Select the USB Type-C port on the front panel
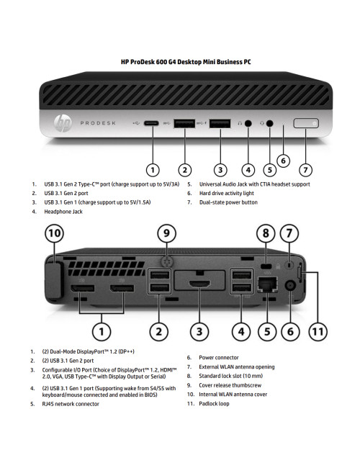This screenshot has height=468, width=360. pos(153,123)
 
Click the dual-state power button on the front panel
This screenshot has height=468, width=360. pos(306,123)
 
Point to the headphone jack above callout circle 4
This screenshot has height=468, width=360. pos(248,123)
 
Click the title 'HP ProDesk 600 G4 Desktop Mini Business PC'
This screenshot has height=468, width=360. pos(185,63)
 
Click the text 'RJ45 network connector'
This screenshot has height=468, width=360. pos(70,404)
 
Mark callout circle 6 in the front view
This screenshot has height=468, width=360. pos(284,161)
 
